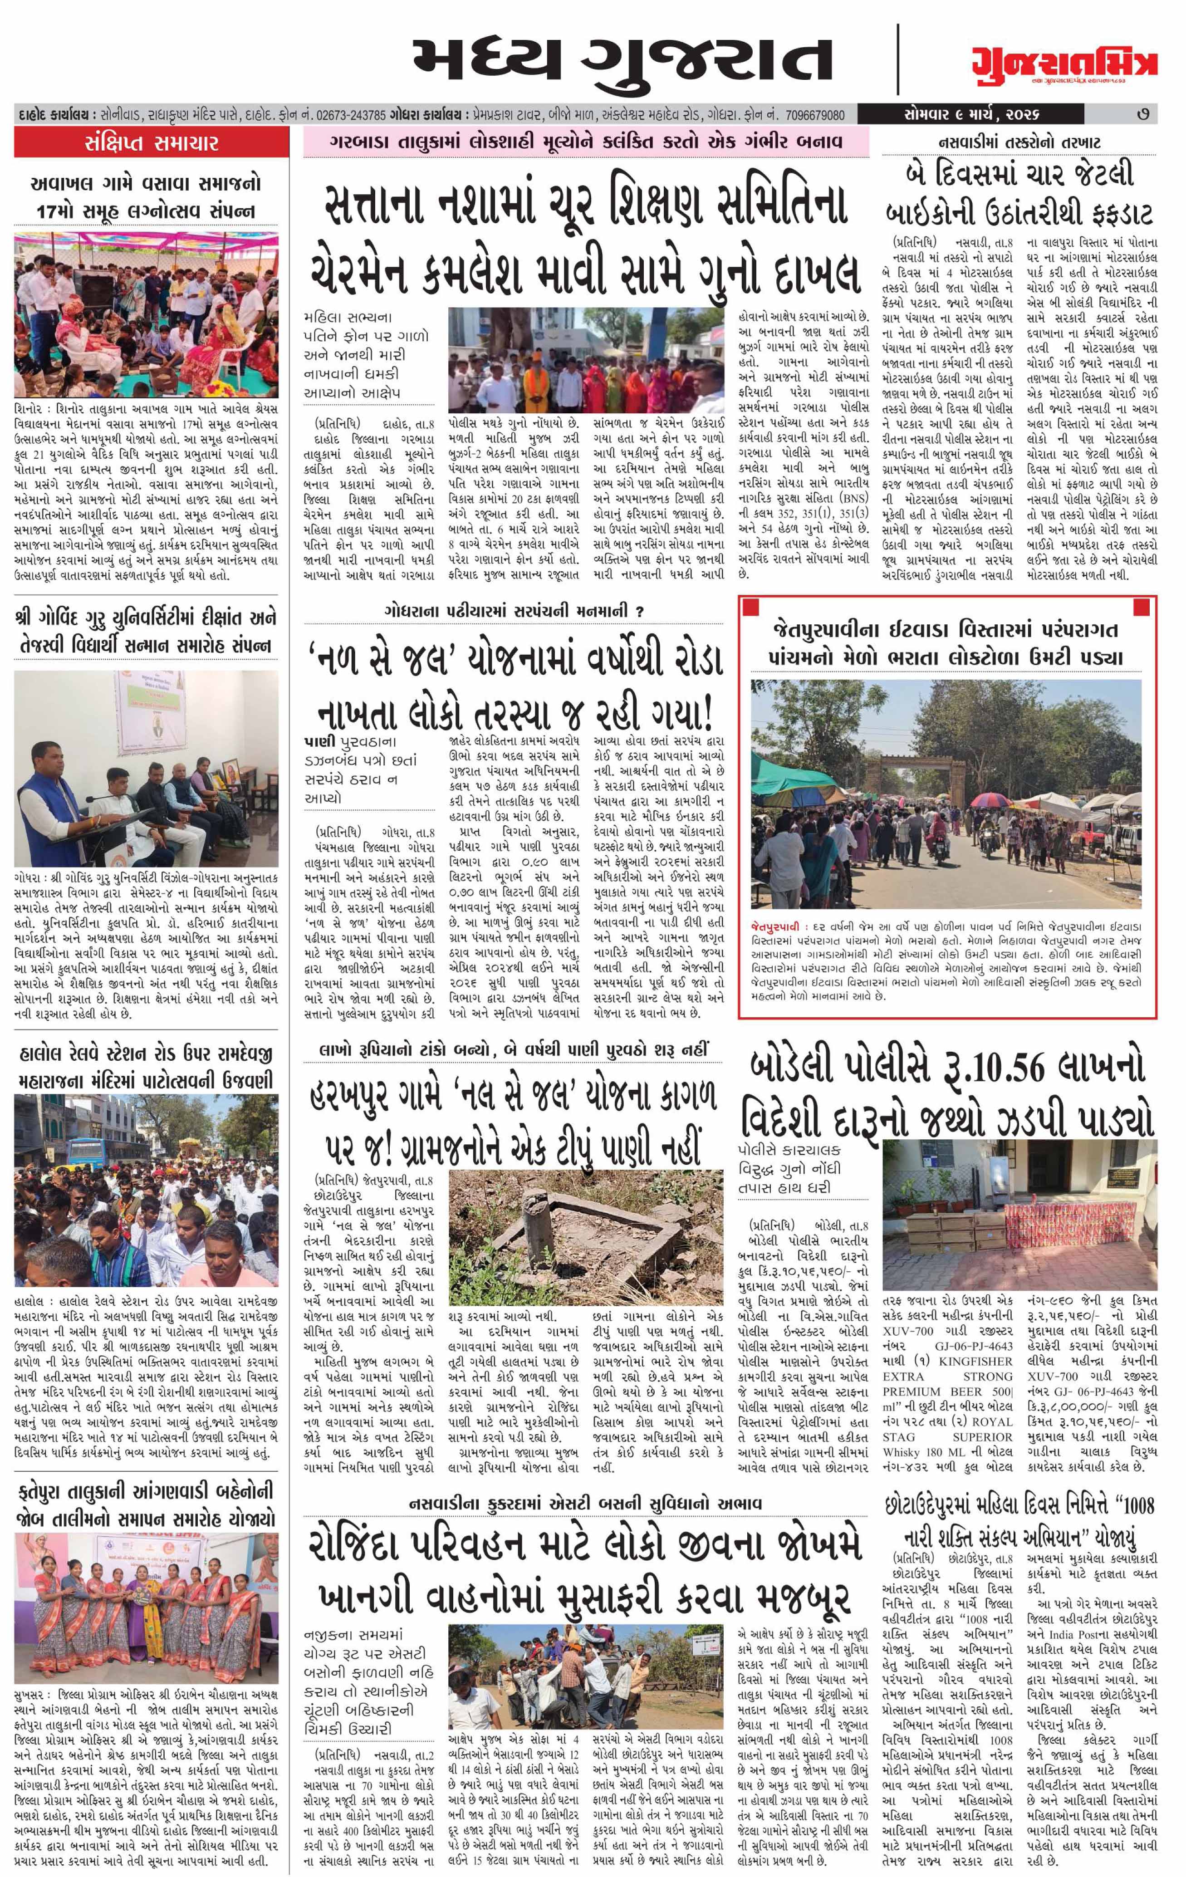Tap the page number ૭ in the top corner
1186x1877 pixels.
[1142, 115]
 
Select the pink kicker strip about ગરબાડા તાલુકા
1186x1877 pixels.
[587, 143]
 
